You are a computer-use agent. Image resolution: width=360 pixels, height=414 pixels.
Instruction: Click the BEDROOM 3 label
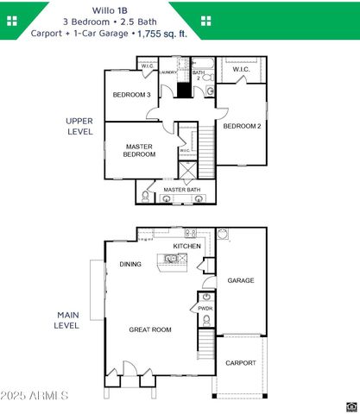coord(132,95)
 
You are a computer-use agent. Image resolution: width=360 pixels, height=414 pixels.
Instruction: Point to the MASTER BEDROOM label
coord(139,151)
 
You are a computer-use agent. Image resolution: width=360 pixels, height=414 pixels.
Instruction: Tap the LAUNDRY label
coord(167,72)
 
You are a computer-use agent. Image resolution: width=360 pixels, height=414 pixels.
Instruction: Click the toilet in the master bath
coord(145,198)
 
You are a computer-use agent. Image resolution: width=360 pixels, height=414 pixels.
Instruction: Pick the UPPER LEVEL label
coord(79,127)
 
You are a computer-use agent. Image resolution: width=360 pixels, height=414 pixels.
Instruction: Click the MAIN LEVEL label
coord(68,320)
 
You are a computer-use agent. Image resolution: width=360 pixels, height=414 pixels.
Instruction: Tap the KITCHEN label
coord(186,247)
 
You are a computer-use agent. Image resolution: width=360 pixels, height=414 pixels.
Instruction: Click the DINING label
coord(130,265)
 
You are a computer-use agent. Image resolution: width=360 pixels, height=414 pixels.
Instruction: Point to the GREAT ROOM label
coord(150,329)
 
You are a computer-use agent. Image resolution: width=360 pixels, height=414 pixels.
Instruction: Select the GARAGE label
coord(240,280)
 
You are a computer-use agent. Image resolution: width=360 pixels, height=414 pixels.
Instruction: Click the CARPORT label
coord(240,363)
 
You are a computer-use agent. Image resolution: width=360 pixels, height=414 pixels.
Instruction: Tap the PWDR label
coord(205,308)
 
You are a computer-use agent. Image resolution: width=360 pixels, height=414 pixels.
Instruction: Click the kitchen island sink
coord(170,258)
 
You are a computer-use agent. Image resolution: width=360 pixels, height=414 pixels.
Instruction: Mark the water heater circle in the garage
coord(222,234)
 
